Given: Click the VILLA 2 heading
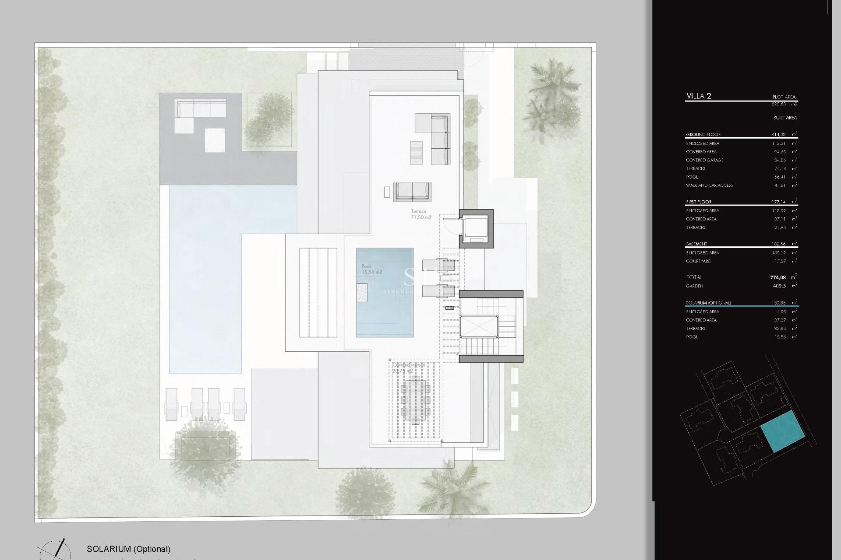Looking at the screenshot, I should [699, 96].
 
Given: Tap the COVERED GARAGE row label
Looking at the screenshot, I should [704, 160].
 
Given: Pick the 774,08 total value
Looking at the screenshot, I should [778, 277].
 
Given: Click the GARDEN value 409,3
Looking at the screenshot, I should [779, 286].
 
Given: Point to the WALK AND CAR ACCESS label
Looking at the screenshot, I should [709, 185].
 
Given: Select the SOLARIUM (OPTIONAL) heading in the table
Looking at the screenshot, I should [708, 303].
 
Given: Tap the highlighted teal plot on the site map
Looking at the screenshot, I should [783, 431].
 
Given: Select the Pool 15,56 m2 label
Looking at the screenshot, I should [371, 269].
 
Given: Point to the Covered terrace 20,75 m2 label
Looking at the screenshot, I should [408, 368].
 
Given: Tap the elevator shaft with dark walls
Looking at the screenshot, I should [476, 228].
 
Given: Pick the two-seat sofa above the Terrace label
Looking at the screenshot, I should [412, 192].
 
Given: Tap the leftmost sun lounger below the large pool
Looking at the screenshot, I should [171, 404].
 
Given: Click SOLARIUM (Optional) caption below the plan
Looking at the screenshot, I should [128, 549].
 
